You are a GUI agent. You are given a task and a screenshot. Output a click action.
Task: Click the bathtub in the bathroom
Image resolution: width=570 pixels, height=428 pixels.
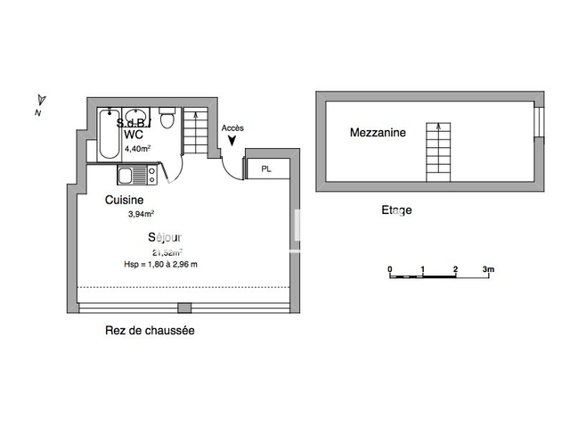click(x=108, y=137)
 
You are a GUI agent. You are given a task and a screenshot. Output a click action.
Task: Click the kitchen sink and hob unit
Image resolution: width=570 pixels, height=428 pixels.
click(x=137, y=175)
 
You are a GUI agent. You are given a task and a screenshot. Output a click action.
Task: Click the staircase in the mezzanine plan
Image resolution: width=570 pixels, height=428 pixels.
click(x=436, y=152)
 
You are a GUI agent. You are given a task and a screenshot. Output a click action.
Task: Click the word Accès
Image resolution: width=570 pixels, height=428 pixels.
click(x=232, y=128)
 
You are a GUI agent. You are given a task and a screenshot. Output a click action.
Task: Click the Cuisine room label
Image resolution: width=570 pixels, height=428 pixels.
click(x=124, y=200)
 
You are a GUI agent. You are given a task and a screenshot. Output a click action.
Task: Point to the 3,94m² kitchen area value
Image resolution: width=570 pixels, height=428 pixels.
click(x=141, y=214)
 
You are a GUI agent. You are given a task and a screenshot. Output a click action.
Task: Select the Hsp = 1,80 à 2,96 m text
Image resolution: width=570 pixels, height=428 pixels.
click(x=160, y=264)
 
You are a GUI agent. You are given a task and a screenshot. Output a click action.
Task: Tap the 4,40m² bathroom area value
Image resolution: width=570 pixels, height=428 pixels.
click(x=138, y=149)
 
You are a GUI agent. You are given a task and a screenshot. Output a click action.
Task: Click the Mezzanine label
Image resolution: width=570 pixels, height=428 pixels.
click(x=378, y=133)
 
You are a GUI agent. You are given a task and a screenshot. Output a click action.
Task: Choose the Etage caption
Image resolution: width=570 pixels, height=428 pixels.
click(x=396, y=210)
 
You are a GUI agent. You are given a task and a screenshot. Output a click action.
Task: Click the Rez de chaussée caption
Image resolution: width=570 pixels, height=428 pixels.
click(x=150, y=330)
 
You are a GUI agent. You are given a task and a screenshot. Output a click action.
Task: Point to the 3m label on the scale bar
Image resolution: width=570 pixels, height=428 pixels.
click(x=488, y=268)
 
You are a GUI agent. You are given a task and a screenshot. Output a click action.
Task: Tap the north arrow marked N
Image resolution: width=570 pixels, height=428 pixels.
click(x=39, y=104)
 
